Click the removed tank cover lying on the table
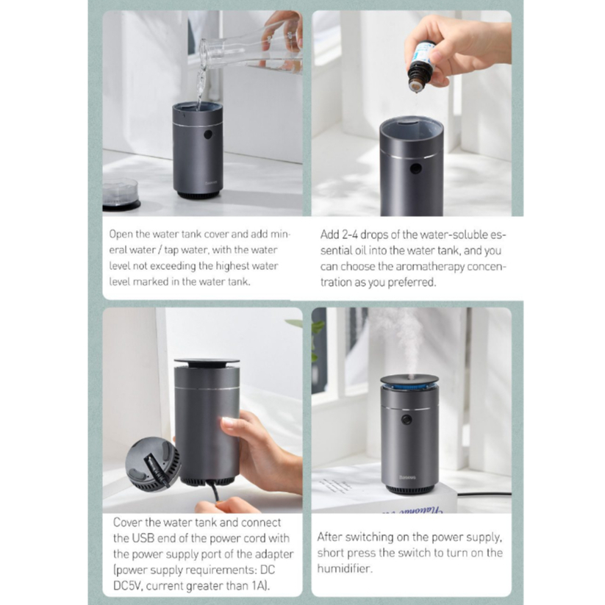tap(121, 194)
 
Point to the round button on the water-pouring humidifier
tap(208, 135)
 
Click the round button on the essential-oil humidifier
tap(415, 168)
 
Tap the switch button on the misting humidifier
tap(407, 420)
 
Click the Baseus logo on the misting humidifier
tap(408, 477)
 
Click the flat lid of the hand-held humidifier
tap(207, 362)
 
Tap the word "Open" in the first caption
tap(121, 235)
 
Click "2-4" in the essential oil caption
tap(350, 235)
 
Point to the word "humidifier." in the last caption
tap(345, 568)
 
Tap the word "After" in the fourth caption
tap(329, 537)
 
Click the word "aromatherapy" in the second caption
tap(430, 267)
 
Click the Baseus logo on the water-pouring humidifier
tap(211, 183)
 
